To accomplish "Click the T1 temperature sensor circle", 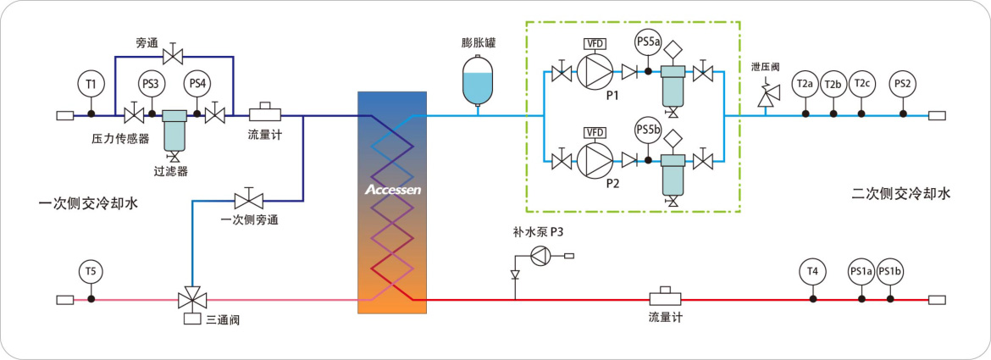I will click(x=91, y=83).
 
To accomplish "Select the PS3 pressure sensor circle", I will click(x=151, y=83).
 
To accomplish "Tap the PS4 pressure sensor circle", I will click(x=197, y=83).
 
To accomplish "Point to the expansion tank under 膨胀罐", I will click(x=477, y=81).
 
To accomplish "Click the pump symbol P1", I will click(x=595, y=73).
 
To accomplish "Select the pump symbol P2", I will click(x=595, y=158).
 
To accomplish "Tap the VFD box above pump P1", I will click(x=595, y=44).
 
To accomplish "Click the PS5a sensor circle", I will click(x=648, y=42).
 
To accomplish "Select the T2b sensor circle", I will click(x=833, y=83).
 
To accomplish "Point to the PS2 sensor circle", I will click(x=903, y=83).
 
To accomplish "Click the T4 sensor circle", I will click(x=812, y=272).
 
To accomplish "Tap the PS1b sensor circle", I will click(x=889, y=272).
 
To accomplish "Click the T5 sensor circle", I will click(x=91, y=272).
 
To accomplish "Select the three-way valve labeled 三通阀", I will click(x=192, y=300).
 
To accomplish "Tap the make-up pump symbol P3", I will click(x=541, y=255).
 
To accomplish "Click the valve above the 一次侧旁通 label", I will click(x=248, y=200).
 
